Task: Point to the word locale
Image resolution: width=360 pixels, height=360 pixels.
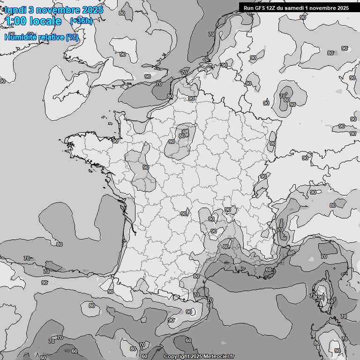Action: [x=45, y=21]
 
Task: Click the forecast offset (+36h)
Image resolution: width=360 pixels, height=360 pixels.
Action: [x=81, y=21]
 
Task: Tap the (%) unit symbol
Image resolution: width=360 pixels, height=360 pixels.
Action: [x=72, y=37]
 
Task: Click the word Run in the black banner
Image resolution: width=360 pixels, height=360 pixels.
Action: [x=249, y=8]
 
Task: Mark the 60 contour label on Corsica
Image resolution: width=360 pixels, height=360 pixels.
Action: [x=330, y=301]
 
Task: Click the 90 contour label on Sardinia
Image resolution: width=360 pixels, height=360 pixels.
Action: [x=337, y=351]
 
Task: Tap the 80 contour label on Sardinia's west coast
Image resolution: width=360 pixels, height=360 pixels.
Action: [x=316, y=343]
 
